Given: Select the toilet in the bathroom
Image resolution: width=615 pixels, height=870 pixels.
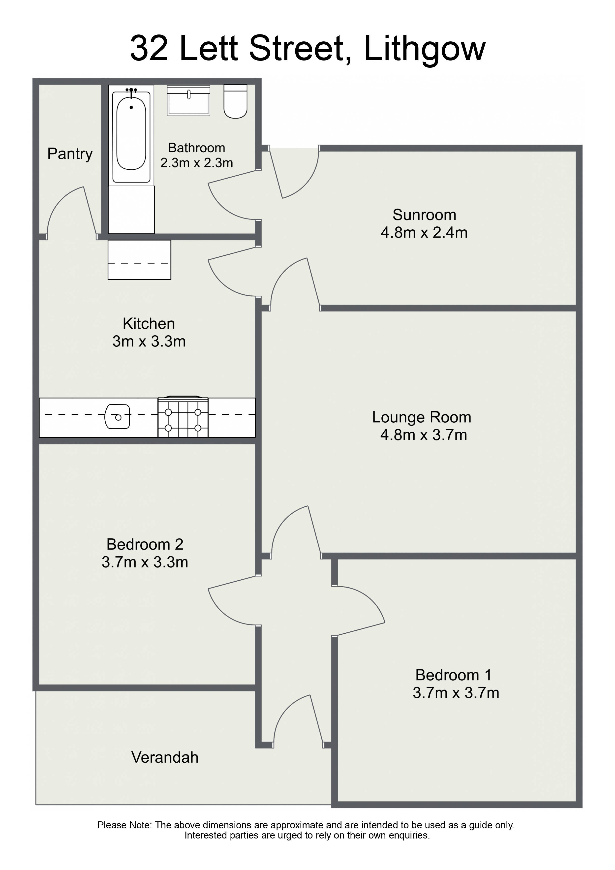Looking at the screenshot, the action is click(235, 101).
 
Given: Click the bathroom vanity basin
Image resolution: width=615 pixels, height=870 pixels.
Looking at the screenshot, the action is click(188, 101).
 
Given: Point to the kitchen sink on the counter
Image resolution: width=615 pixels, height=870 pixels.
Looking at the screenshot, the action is click(117, 416).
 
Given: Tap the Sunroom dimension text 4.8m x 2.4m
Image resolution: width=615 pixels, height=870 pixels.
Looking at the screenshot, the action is click(424, 233).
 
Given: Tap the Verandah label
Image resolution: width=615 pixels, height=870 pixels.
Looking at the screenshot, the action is click(165, 757).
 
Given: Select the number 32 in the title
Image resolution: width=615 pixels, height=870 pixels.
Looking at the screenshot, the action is click(149, 48).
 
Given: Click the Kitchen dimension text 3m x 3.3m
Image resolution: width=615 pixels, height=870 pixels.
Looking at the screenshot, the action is click(149, 342).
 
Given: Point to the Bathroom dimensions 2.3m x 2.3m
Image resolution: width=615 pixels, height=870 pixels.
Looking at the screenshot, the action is click(197, 163).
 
